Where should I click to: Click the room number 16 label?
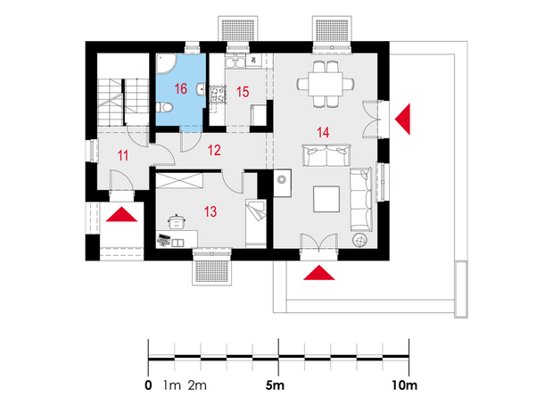coord(181,88)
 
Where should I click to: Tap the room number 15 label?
coord(243,92)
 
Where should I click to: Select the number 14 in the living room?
coord(323,133)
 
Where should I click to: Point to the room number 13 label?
coord(210,211)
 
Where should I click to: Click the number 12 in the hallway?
coord(214,150)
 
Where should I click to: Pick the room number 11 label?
coord(123,155)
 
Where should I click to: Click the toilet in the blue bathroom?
coord(164,107)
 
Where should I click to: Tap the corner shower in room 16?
coord(166,63)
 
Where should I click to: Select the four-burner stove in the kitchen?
coord(218,95)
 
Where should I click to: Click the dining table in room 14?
coord(326,84)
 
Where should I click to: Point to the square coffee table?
coord(326,199)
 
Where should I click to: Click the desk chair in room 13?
coord(177,222)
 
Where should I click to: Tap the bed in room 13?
coord(256,223)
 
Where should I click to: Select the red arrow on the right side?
coord(403,120)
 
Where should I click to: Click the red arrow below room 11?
coord(121,214)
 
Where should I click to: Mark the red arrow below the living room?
coord(318,273)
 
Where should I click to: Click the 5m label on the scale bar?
coord(275,385)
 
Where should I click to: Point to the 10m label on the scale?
coord(404,385)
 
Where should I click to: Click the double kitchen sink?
coord(235,62)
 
